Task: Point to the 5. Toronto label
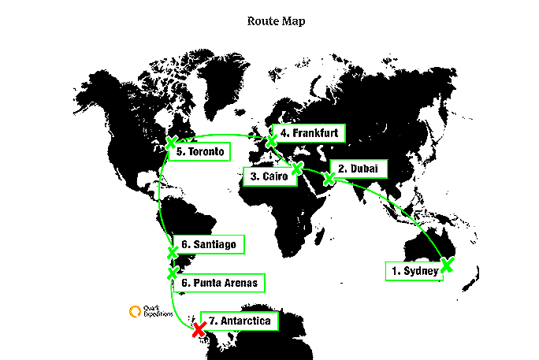pos(203,151)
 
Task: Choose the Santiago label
pos(210,245)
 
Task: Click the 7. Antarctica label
pos(240,321)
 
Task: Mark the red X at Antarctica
pos(198,330)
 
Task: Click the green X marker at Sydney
pos(447,265)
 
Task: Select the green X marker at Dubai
pos(329,179)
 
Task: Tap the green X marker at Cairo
pos(296,168)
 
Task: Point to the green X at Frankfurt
pos(272,141)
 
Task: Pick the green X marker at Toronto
pos(170,143)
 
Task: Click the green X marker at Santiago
pos(173,252)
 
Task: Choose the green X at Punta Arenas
pos(173,273)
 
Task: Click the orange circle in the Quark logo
pos(135,311)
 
